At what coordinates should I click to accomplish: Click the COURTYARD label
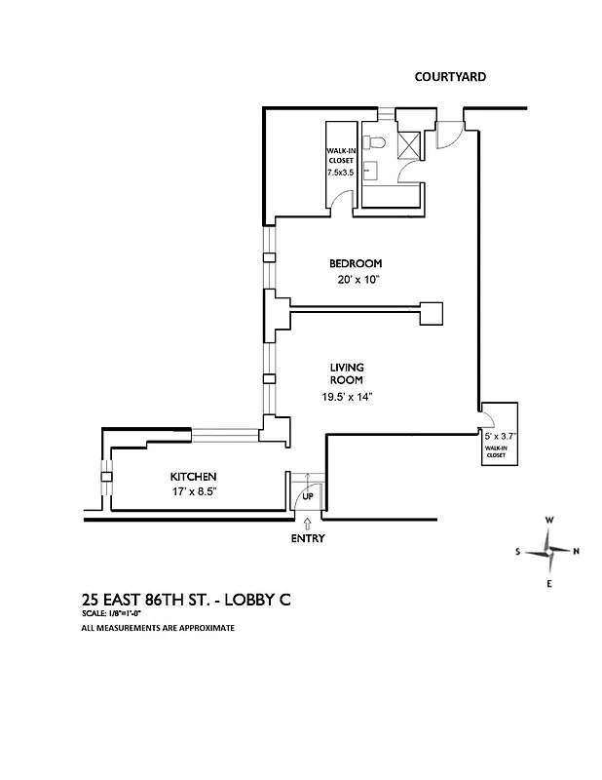pos(450,76)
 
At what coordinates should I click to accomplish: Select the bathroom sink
pos(368,174)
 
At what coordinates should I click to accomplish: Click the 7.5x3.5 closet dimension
pos(340,172)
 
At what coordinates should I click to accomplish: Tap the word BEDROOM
pos(355,263)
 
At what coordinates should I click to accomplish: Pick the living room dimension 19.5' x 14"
pos(346,397)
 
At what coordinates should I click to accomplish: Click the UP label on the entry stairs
pos(308,495)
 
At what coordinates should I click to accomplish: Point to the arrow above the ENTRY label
pos(308,525)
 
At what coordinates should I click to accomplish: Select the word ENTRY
pos(308,539)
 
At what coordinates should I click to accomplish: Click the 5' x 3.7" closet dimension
pos(500,437)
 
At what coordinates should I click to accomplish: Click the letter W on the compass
pos(549,521)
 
